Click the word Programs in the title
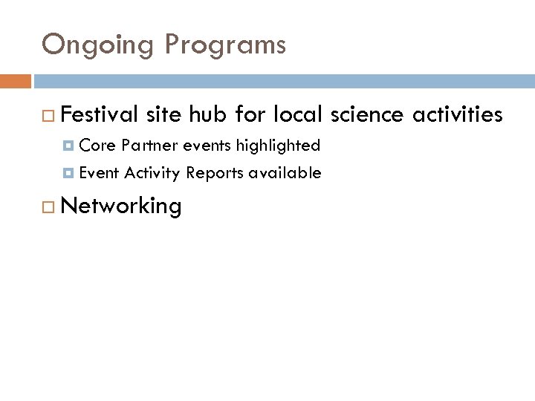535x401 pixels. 225,46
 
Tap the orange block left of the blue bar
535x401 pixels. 16,80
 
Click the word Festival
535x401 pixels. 100,114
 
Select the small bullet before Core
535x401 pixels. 68,145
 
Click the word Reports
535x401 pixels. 215,174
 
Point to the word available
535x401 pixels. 285,173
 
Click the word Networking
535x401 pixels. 122,206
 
